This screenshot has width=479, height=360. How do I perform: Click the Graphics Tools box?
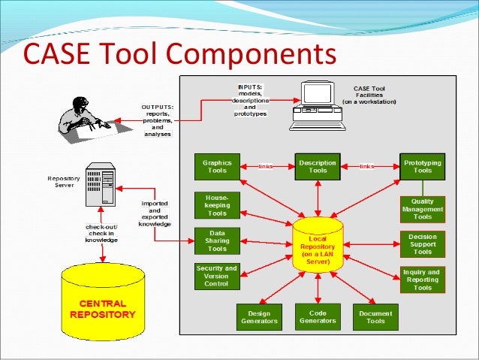click(x=218, y=166)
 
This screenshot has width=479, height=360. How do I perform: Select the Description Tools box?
click(x=318, y=166)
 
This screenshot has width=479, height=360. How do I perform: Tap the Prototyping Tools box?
click(x=423, y=166)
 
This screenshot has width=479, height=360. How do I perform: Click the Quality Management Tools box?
click(x=423, y=209)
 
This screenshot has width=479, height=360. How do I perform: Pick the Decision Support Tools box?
click(x=423, y=244)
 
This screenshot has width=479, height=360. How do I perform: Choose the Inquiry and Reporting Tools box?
click(x=423, y=279)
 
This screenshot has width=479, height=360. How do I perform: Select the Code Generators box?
click(x=318, y=316)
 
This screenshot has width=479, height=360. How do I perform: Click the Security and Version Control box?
click(x=217, y=276)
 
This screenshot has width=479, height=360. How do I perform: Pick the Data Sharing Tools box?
click(x=217, y=240)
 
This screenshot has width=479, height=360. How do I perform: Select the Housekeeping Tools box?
click(x=217, y=204)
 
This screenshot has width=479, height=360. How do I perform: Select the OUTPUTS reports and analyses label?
click(x=157, y=119)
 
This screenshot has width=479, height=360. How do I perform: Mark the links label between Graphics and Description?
click(x=265, y=166)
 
